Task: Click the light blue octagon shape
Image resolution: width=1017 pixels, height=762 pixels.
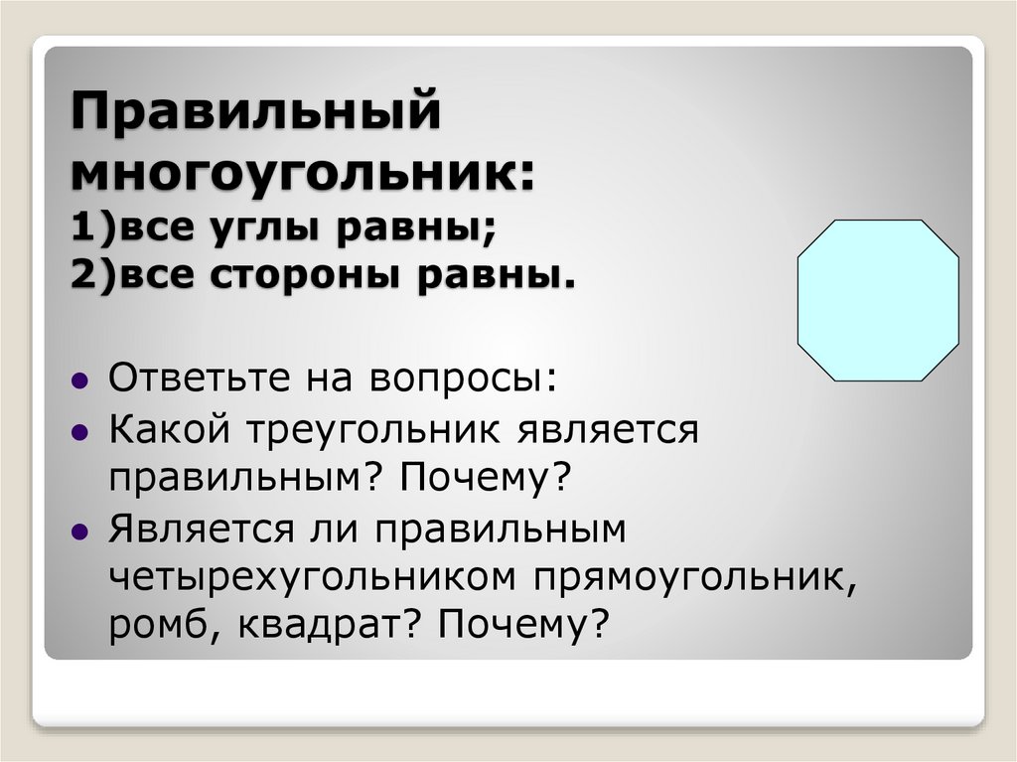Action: point(878,300)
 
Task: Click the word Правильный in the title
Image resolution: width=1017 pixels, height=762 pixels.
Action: point(254,110)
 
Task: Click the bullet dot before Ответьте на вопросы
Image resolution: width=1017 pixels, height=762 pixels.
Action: point(78,380)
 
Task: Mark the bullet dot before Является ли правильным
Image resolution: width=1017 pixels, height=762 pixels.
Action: point(78,532)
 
